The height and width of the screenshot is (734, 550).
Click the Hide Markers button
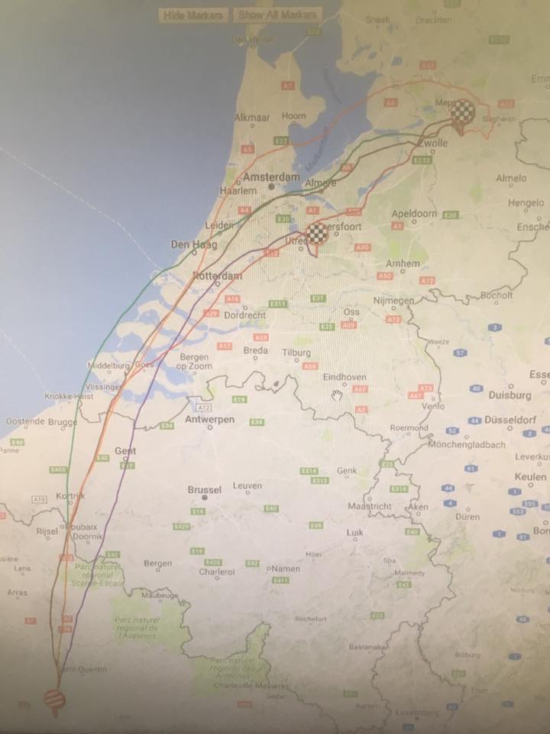pyautogui.click(x=192, y=15)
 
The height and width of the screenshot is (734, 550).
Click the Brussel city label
pyautogui.click(x=204, y=489)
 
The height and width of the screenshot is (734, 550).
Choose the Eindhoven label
pyautogui.click(x=345, y=377)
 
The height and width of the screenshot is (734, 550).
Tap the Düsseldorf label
pyautogui.click(x=510, y=420)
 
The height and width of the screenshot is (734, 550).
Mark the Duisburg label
pyautogui.click(x=510, y=395)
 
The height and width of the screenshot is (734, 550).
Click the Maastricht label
pyautogui.click(x=369, y=506)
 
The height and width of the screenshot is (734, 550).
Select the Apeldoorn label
pyautogui.click(x=413, y=214)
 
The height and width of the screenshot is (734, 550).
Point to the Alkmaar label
pyautogui.click(x=252, y=117)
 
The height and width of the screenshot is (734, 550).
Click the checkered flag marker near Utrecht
pyautogui.click(x=316, y=234)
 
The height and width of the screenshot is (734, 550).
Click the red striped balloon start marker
pyautogui.click(x=54, y=699)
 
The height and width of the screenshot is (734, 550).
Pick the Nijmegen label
pyautogui.click(x=392, y=300)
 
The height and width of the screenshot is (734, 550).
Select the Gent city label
pyautogui.click(x=125, y=450)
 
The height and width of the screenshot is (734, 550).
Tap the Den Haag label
pyautogui.click(x=194, y=245)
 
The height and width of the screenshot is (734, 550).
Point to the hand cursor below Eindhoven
pyautogui.click(x=338, y=395)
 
